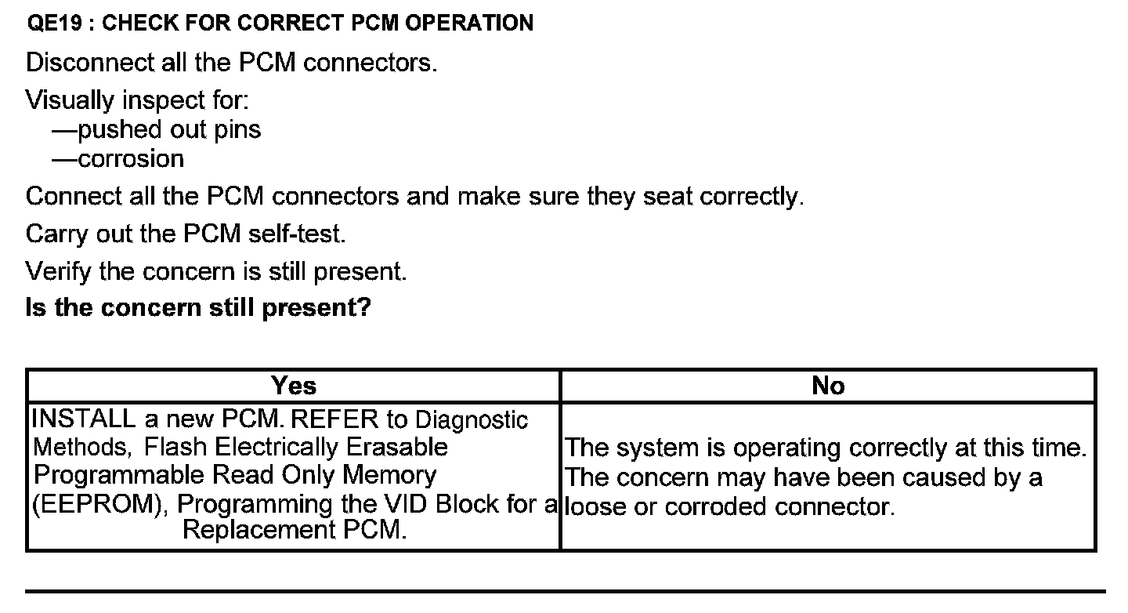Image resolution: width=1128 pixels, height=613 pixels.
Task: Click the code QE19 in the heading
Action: (52, 24)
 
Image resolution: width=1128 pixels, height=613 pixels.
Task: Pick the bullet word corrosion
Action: (131, 159)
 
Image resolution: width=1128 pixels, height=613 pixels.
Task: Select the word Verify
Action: (60, 271)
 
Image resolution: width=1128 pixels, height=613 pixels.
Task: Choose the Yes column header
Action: (294, 386)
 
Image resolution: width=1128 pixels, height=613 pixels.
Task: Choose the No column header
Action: (828, 386)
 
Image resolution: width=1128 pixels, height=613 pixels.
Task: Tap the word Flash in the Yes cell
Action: (176, 448)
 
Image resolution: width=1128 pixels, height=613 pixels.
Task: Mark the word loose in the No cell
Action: (598, 507)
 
